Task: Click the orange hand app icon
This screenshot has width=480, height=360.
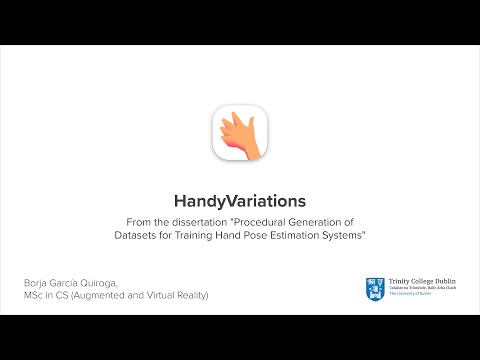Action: (240, 134)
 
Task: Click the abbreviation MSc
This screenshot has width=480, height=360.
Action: (37, 297)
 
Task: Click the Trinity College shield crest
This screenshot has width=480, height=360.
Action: (373, 289)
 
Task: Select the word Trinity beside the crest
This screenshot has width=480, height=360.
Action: (396, 283)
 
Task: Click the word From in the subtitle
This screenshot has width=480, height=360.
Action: (140, 221)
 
